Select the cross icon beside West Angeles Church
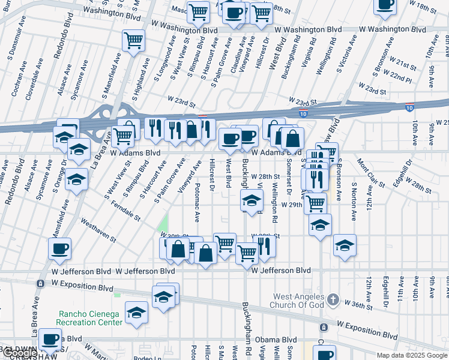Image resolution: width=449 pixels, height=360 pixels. (x=334, y=299)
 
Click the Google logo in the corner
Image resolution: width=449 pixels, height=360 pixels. (x=19, y=353)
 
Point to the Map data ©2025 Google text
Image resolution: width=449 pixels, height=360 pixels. (x=411, y=355)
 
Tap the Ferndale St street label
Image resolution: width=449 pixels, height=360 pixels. (x=125, y=212)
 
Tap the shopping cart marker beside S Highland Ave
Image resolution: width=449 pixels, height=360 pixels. (x=133, y=41)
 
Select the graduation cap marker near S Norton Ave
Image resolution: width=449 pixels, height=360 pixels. (x=345, y=245)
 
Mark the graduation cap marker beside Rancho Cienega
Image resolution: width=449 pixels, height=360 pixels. (x=136, y=312)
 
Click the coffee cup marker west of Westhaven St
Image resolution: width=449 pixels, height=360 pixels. (x=59, y=248)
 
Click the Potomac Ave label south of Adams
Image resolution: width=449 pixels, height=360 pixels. (x=196, y=200)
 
